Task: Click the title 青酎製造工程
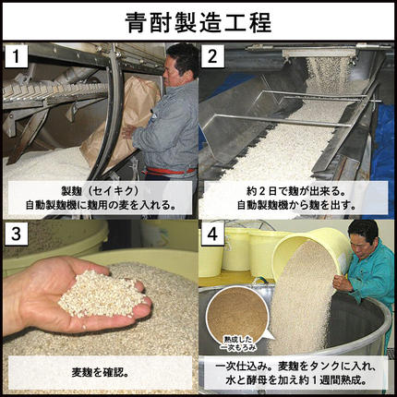[198, 20]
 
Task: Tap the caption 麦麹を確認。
[99, 373]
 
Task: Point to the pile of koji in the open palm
[97, 291]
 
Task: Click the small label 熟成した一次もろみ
[238, 343]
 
